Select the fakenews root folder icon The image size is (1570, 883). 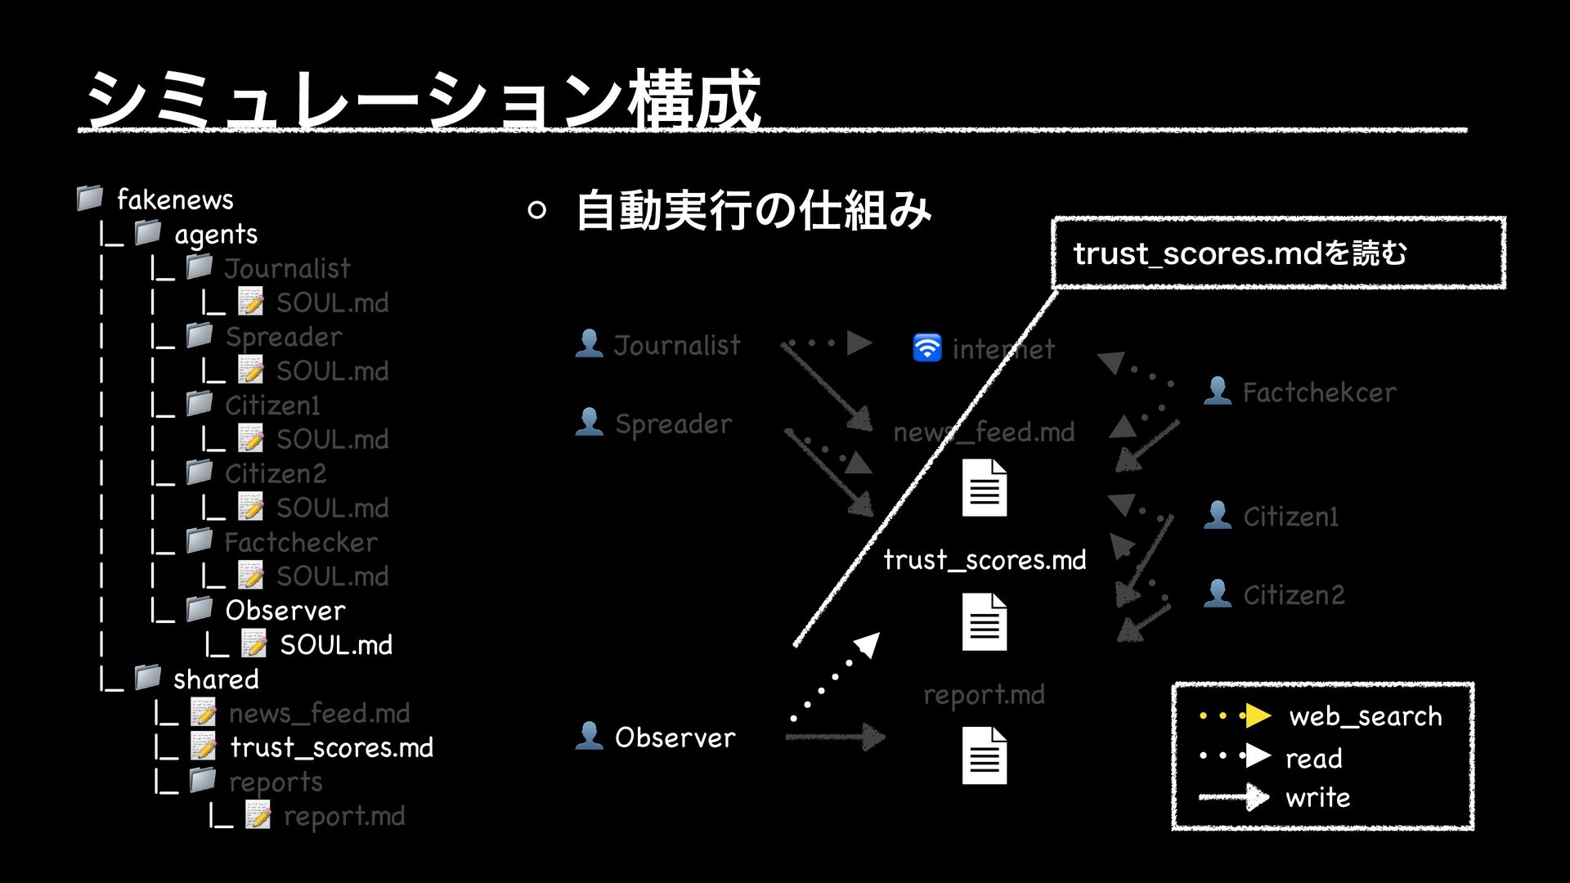(x=90, y=197)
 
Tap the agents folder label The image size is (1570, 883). (x=216, y=235)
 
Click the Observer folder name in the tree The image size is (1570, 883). (x=285, y=611)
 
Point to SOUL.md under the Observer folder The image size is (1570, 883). (x=336, y=645)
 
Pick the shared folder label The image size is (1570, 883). (x=216, y=679)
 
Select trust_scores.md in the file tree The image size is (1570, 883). (x=331, y=747)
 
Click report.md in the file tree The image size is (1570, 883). (x=344, y=816)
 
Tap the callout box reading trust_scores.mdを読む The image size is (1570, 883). (x=1277, y=253)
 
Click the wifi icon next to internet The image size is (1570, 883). (x=927, y=347)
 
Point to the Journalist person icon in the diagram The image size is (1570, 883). (x=589, y=343)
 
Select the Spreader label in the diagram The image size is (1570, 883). (x=673, y=424)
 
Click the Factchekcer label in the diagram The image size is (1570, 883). (x=1319, y=392)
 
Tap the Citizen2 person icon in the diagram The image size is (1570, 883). (x=1218, y=593)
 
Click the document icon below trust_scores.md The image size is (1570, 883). (x=985, y=621)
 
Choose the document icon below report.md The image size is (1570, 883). (x=985, y=755)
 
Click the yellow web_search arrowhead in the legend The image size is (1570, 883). (x=1257, y=716)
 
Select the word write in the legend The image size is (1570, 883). (x=1317, y=797)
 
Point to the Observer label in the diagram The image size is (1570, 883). (x=675, y=737)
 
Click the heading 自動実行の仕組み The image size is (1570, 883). (x=753, y=210)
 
